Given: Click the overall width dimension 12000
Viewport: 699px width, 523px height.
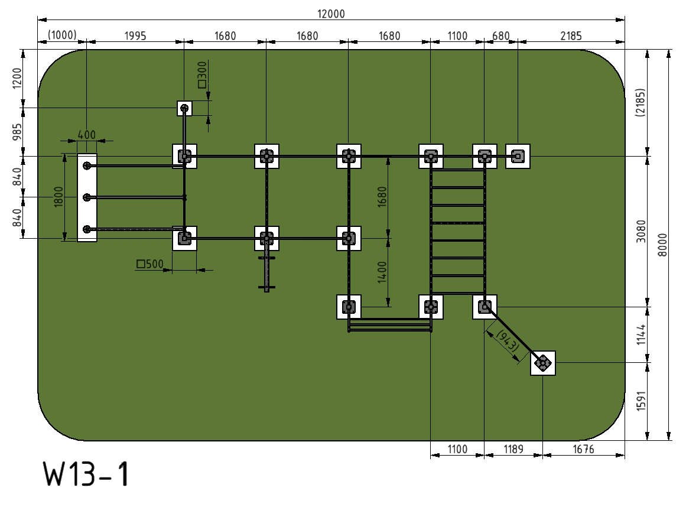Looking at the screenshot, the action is coord(331,14).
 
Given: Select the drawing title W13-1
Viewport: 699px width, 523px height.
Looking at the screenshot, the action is coord(86,474).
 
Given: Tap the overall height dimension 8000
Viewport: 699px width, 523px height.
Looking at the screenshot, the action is coord(663,245).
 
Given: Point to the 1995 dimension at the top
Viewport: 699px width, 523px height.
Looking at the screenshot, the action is coord(135,35).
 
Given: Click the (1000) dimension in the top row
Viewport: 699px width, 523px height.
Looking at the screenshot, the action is coord(62,35).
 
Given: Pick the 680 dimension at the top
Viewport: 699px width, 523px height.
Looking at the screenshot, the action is coord(501,35).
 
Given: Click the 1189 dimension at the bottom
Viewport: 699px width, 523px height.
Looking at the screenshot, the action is coord(513,449).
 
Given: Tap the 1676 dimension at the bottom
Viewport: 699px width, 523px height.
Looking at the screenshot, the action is coord(584,449).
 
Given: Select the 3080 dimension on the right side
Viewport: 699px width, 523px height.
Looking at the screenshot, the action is coord(641,232).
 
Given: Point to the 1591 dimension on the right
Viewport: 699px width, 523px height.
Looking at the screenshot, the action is coord(641,401).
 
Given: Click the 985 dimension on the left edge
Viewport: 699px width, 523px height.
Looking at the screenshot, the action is coord(17,132).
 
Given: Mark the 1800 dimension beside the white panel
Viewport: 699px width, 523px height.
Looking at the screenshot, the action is coord(58,197).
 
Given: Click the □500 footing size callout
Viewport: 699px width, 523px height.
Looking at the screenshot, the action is coord(150,264).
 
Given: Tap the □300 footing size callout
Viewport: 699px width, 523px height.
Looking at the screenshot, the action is coord(202,75).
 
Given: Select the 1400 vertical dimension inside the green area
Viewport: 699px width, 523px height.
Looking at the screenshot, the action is coord(382,272).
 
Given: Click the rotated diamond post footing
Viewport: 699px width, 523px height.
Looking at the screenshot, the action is coord(543,363).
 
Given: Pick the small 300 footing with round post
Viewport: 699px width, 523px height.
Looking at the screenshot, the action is coord(184,108).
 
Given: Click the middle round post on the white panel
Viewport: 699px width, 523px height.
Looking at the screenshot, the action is coord(87,197).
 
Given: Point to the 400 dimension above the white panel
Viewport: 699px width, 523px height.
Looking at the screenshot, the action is coord(86,135).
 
